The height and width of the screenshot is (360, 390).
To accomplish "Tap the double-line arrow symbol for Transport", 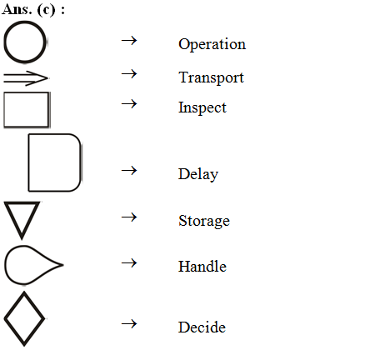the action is click(x=26, y=78).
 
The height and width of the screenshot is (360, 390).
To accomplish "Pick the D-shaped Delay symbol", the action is click(x=29, y=162).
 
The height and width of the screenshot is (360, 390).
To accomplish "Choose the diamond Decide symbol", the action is click(x=14, y=306).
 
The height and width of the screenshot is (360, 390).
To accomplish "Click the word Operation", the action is click(x=212, y=44).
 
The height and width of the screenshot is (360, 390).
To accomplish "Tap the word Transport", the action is click(x=211, y=77).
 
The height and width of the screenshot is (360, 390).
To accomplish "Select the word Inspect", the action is click(x=202, y=107).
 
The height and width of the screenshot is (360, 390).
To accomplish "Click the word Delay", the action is click(x=198, y=174).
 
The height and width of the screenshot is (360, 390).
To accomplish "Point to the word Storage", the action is click(x=204, y=221).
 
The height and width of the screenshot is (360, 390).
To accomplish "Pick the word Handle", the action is click(x=202, y=267).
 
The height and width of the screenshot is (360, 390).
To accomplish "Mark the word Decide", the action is click(x=202, y=327).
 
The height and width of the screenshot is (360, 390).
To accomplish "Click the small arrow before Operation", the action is click(x=129, y=41).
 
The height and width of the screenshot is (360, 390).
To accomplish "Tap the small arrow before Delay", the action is click(x=129, y=171).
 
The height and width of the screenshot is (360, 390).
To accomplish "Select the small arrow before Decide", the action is click(x=129, y=324).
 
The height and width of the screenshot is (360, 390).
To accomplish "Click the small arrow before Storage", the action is click(x=129, y=217).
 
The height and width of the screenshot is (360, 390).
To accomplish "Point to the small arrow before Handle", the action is click(x=129, y=263).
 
